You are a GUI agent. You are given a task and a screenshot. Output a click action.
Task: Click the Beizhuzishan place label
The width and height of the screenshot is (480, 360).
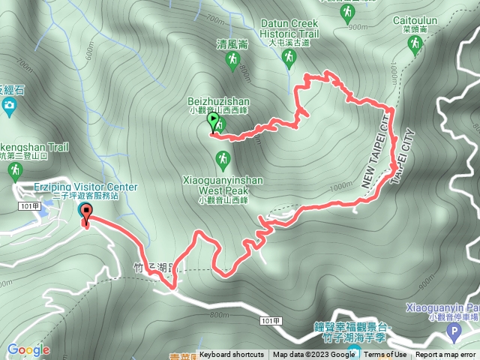(218, 100)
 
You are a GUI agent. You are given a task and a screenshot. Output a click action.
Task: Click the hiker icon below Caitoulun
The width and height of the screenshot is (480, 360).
(413, 46)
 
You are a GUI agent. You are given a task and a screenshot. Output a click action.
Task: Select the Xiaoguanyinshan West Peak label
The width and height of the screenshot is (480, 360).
(222, 184)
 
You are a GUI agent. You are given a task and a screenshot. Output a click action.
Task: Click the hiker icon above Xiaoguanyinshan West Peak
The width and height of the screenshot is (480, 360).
(222, 159)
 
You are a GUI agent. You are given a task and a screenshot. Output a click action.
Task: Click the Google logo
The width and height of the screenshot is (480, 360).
(28, 349)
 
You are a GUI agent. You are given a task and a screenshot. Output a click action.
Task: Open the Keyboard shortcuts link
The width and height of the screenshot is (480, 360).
(231, 355)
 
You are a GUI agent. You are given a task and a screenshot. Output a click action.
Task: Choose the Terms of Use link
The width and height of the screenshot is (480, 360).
(385, 355)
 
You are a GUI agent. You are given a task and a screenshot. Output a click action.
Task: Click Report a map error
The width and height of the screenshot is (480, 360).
(447, 355)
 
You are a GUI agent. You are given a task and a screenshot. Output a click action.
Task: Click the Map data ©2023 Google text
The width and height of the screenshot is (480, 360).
(314, 355)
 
